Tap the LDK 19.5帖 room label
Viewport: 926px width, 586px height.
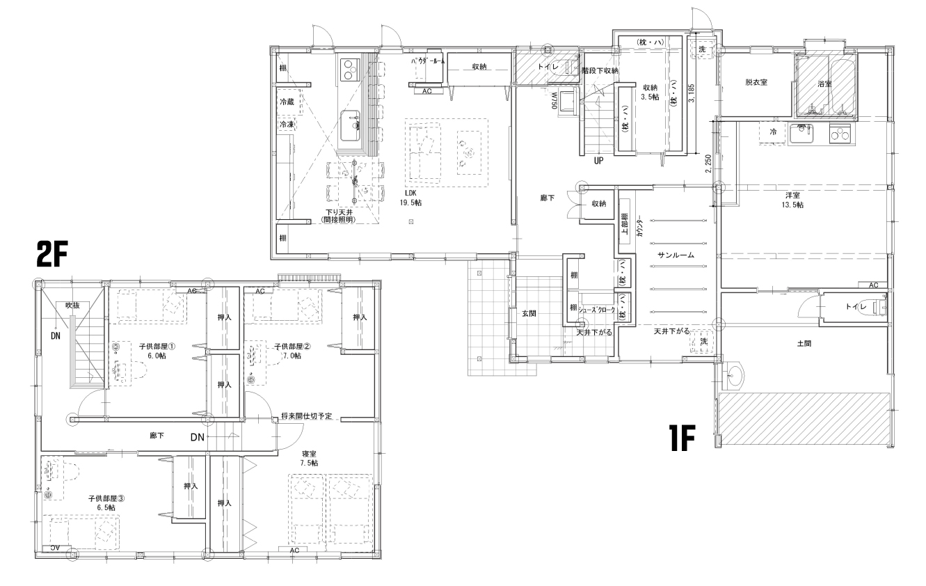(411, 198)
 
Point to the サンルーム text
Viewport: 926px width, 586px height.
(676, 255)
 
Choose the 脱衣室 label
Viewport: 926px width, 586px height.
(756, 82)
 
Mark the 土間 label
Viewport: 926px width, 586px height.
(803, 343)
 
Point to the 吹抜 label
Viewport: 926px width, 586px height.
(73, 305)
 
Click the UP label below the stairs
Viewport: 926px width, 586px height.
(598, 160)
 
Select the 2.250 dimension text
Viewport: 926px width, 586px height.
(708, 162)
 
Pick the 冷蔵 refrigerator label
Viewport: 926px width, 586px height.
(287, 102)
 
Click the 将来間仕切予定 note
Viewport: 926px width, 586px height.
(306, 415)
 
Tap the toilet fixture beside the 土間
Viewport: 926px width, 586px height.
(878, 305)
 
